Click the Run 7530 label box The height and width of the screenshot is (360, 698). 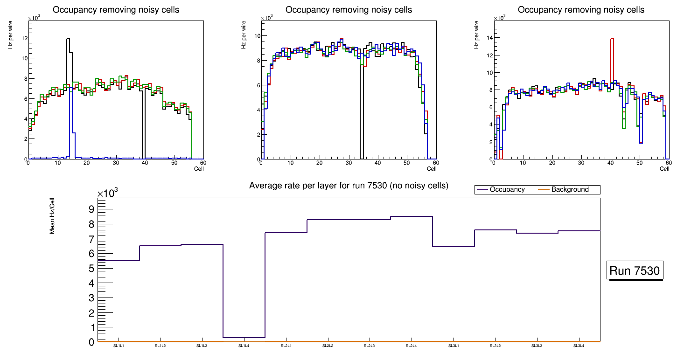tap(635, 271)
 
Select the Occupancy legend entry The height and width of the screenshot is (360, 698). tap(507, 190)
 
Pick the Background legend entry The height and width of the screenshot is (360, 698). tap(570, 190)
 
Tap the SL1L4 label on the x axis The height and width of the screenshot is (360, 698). tap(244, 346)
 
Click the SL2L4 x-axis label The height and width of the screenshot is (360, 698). tap(411, 346)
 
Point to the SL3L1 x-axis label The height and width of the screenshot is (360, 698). tap(453, 346)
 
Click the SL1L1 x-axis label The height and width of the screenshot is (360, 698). tap(119, 346)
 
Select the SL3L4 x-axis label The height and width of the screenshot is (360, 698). tap(579, 346)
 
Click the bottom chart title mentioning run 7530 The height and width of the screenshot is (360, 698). tap(349, 186)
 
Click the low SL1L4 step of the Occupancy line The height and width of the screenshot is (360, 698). tap(244, 337)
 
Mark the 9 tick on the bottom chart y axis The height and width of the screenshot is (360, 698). tap(91, 209)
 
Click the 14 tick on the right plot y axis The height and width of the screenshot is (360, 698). tap(490, 38)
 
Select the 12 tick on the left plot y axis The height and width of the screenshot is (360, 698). tap(24, 38)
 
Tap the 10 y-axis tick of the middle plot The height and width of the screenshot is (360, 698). tap(257, 35)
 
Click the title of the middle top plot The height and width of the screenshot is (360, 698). tap(349, 10)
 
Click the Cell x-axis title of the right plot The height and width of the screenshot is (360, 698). tap(664, 169)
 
